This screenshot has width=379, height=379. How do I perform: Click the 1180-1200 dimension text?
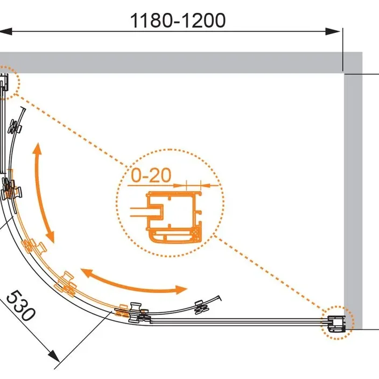pyautogui.click(x=178, y=20)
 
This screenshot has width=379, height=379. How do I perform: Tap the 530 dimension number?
pyautogui.click(x=21, y=306)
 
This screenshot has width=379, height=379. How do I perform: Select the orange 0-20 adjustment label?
pyautogui.click(x=151, y=175)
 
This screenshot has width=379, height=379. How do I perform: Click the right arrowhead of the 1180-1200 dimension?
pyautogui.click(x=333, y=31)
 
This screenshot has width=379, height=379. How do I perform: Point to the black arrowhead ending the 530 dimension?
pyautogui.click(x=54, y=356)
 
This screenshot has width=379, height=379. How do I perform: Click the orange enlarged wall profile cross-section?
pyautogui.click(x=174, y=217)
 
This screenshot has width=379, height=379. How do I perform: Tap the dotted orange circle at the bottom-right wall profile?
pyautogui.click(x=338, y=322)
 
